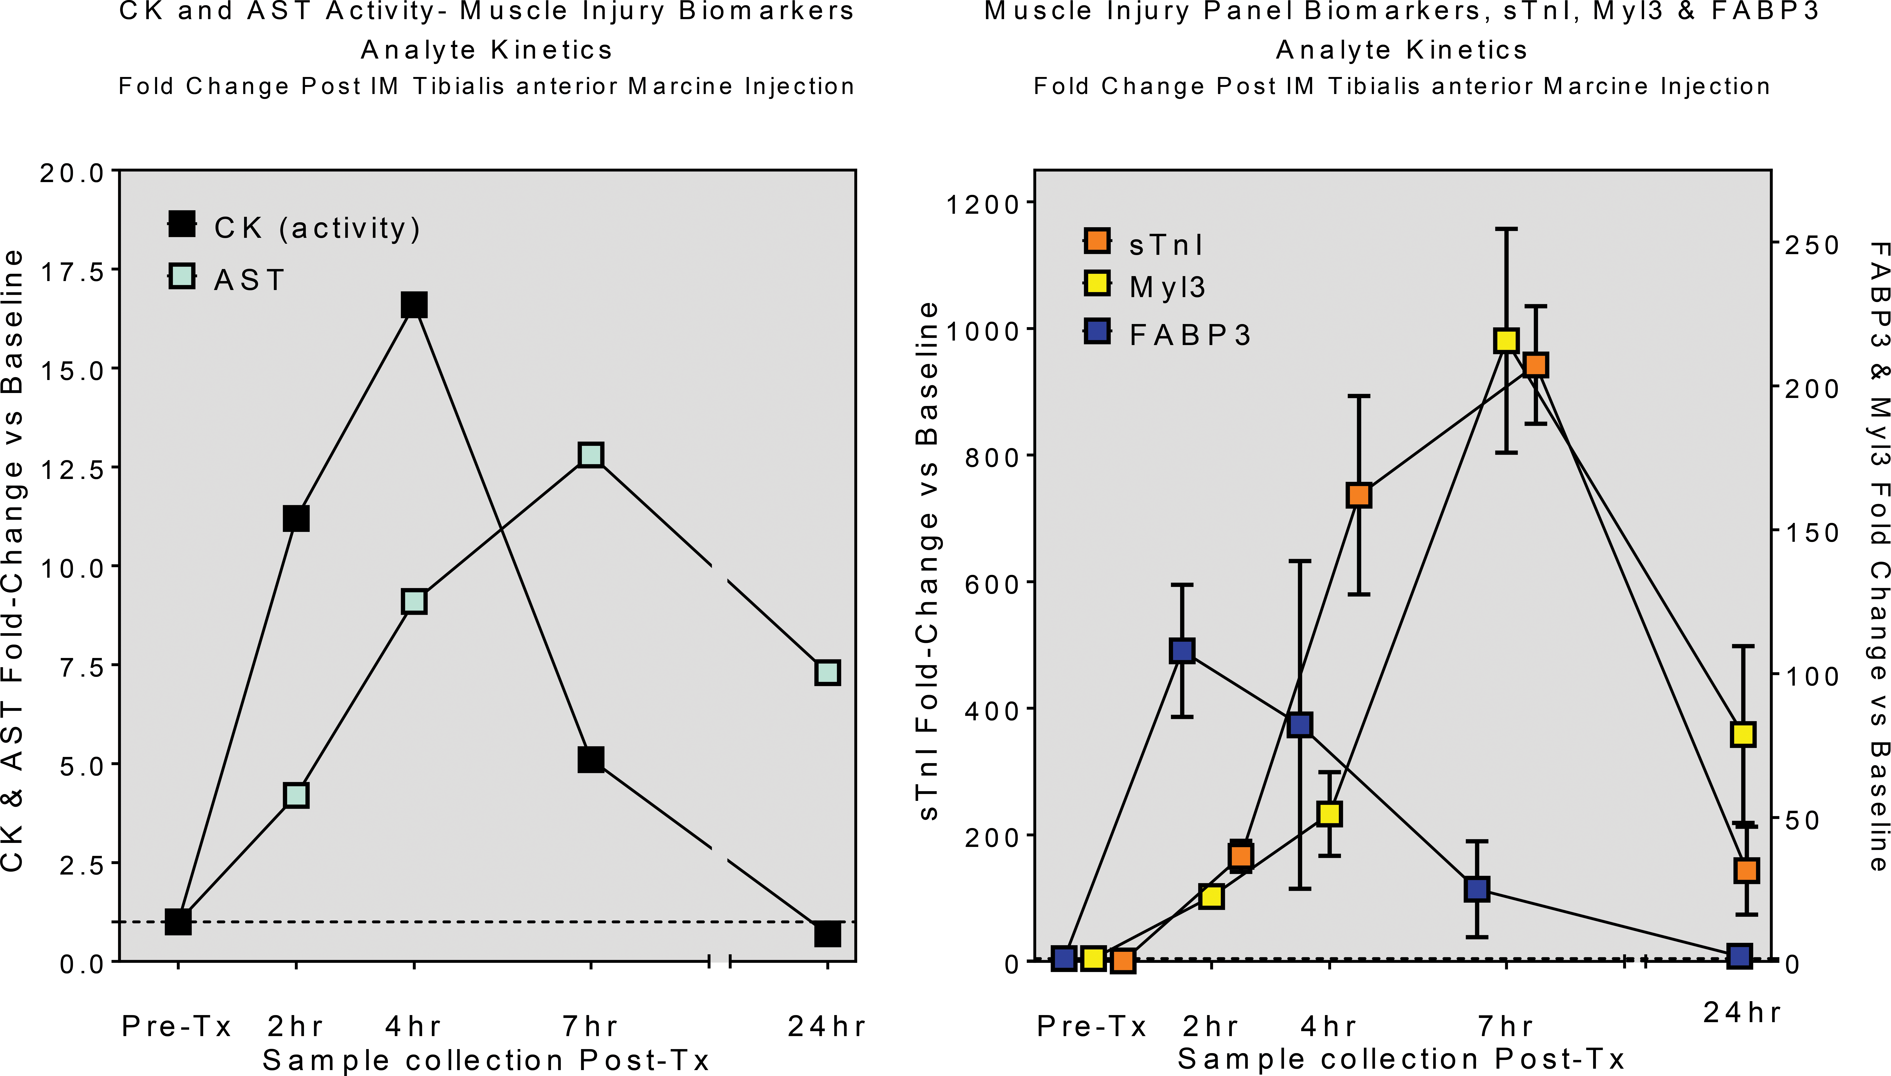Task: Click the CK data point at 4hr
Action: [414, 304]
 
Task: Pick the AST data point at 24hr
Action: [827, 673]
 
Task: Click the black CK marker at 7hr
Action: [591, 759]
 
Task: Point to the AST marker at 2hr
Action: [296, 795]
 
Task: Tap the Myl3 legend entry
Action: [1144, 286]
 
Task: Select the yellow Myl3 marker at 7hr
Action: [1506, 341]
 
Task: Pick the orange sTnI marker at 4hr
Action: [1359, 495]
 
